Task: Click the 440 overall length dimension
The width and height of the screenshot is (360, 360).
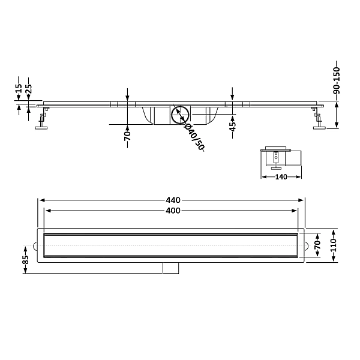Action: (173, 200)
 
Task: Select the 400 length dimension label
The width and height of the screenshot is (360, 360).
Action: (173, 211)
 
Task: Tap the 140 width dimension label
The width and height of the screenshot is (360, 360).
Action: (281, 177)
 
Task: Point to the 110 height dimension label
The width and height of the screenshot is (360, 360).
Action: (334, 245)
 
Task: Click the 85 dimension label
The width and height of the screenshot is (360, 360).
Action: (25, 260)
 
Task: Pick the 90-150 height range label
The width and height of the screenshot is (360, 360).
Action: (337, 80)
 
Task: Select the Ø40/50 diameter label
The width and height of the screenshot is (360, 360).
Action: (194, 137)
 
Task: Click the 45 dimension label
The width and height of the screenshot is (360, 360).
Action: (233, 127)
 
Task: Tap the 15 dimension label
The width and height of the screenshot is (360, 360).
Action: (19, 88)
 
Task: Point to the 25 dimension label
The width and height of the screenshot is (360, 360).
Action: (28, 89)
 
